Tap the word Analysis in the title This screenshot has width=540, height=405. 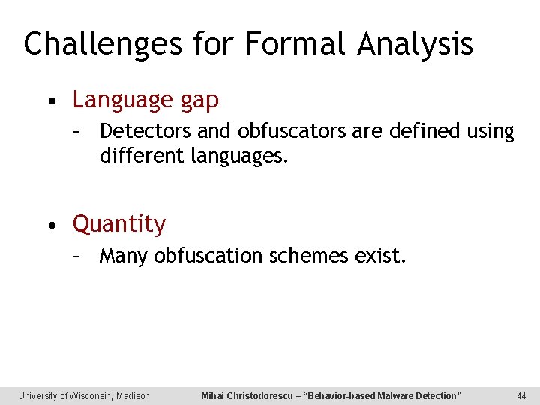tap(415, 44)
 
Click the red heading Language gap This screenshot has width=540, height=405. tap(145, 100)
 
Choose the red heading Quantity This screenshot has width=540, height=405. tap(119, 224)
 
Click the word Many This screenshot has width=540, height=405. tap(124, 256)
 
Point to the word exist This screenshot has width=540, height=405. tap(380, 256)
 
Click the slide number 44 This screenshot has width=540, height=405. tap(522, 395)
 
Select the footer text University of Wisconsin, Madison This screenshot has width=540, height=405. tap(84, 395)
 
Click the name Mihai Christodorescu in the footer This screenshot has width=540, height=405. tap(247, 395)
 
